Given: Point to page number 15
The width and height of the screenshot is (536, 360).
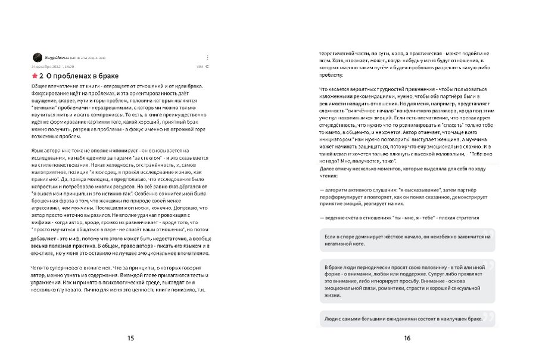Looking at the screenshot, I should [130, 338].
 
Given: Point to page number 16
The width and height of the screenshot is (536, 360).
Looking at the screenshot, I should [407, 338].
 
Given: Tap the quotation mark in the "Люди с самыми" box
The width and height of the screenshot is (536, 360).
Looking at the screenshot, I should [492, 315].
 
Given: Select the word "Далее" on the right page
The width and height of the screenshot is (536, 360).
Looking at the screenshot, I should [329, 170].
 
